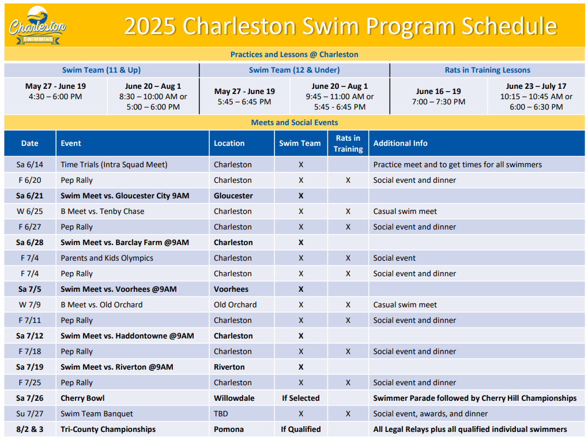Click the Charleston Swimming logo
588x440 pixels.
37,26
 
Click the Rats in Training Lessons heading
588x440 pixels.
487,70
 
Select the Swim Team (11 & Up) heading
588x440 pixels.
101,70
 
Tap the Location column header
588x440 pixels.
229,143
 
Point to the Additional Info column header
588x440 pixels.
400,143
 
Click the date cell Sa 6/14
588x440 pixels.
29,165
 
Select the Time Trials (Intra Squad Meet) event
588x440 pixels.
114,165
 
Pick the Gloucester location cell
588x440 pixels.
233,196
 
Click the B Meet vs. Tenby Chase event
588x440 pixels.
103,212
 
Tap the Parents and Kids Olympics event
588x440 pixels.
107,258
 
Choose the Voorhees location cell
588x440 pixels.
231,289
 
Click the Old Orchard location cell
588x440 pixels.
235,305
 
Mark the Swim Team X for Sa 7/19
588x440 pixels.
301,367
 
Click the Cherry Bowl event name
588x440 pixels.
82,398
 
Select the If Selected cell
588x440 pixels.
301,398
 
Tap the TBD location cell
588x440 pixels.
221,413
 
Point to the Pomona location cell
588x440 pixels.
229,430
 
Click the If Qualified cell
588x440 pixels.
301,430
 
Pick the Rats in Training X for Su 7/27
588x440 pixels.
348,413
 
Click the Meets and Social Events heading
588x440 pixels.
295,123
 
